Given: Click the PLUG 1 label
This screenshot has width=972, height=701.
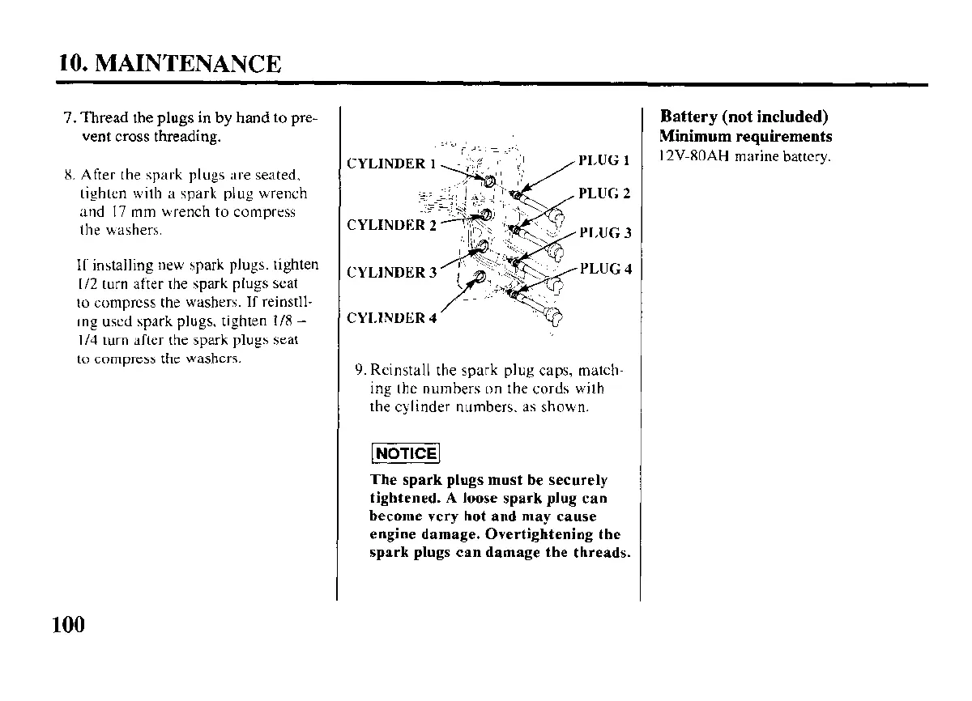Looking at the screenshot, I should pos(604,160).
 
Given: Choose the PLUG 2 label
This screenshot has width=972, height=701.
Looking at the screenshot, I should pos(604,193).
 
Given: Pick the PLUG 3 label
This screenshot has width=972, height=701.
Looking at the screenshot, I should pos(604,233).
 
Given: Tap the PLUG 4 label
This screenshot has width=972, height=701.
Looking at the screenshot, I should pos(604,269).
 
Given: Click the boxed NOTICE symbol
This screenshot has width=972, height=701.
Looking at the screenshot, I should pos(404,453).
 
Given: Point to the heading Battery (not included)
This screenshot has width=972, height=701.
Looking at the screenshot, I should pos(744,117).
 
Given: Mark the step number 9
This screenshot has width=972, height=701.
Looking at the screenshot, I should pos(360,372).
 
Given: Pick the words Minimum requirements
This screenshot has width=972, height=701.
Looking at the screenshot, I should pos(745,136).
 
